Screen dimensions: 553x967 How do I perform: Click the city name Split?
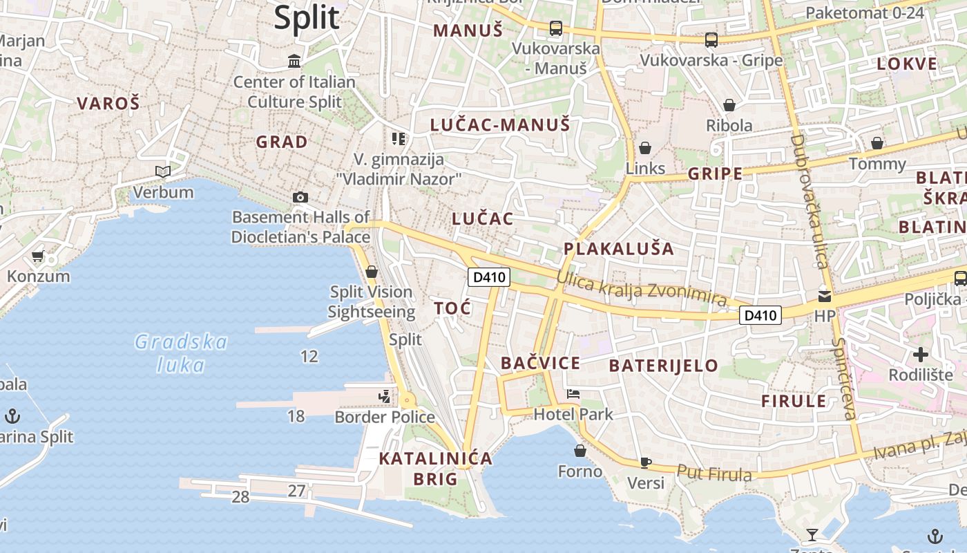[x=307, y=17]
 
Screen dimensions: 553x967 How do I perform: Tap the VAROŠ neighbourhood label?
[x=108, y=104]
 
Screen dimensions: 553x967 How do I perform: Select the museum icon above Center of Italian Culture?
[x=294, y=62]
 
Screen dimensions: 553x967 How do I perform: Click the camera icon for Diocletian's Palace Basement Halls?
[x=300, y=198]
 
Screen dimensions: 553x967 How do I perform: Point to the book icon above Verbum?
[x=163, y=171]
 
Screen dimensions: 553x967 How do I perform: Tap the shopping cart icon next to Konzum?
[x=38, y=256]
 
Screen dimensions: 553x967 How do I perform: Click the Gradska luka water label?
[x=181, y=353]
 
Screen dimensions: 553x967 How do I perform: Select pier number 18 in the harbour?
[x=296, y=416]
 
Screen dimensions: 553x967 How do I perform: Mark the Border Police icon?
[x=385, y=397]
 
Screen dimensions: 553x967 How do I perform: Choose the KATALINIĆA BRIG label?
[x=436, y=468]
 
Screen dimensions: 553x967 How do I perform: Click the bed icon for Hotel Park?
[x=573, y=394]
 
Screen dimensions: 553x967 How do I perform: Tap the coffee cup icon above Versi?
[x=646, y=462]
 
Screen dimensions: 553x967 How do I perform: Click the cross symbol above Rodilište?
[x=921, y=355]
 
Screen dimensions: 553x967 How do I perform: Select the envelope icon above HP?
[x=825, y=297]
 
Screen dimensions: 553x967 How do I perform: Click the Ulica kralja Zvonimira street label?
[x=642, y=290]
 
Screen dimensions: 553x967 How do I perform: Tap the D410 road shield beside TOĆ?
[x=489, y=278]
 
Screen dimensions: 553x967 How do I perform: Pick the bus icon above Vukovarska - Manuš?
[x=555, y=28]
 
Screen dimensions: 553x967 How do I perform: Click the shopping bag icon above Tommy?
[x=877, y=144]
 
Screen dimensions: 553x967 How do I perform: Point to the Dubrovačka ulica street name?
[x=808, y=200]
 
